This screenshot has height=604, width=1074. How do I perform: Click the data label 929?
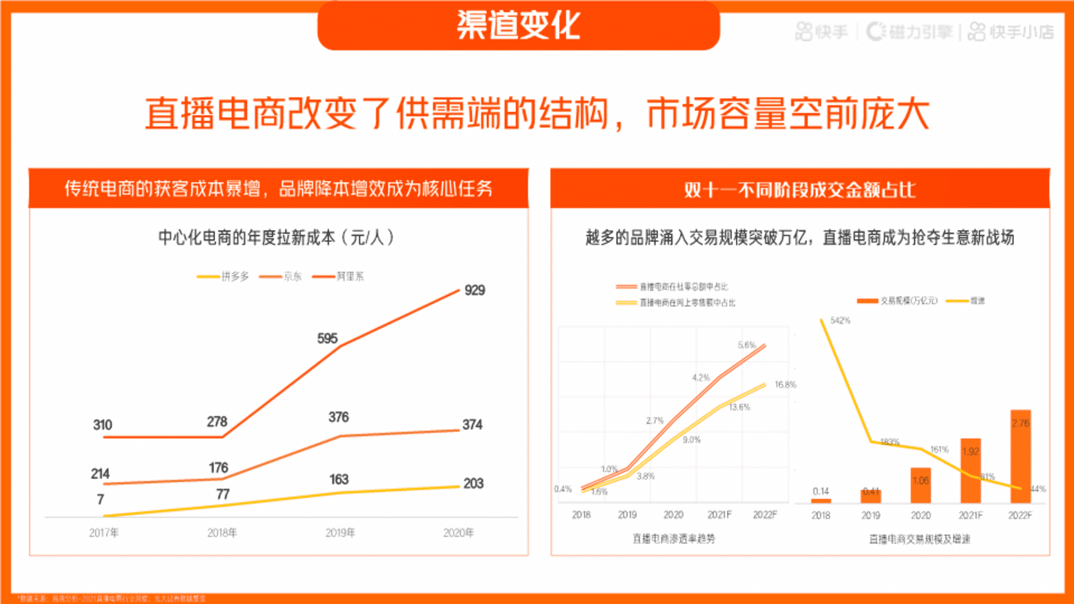point(474,290)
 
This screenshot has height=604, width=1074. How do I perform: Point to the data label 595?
point(327,338)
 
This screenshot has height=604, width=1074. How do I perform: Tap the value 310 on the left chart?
point(102,425)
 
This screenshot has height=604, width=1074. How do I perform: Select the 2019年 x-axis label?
point(340,533)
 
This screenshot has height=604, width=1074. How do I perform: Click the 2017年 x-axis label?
point(103,533)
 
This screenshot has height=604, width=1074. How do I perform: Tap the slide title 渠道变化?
point(519,26)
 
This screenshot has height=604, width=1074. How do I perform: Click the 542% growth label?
point(840,320)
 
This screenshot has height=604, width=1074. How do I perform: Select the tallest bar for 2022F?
point(1020,456)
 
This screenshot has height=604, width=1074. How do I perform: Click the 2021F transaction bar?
point(971,471)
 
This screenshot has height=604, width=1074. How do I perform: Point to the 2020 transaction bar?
point(921,485)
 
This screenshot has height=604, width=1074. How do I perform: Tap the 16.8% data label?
point(785,385)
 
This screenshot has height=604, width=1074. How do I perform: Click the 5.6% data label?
point(746,345)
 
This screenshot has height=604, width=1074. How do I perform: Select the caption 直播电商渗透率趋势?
point(673,539)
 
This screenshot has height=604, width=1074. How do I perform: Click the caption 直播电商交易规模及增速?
point(920,539)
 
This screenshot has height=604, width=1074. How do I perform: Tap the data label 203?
point(473,484)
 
